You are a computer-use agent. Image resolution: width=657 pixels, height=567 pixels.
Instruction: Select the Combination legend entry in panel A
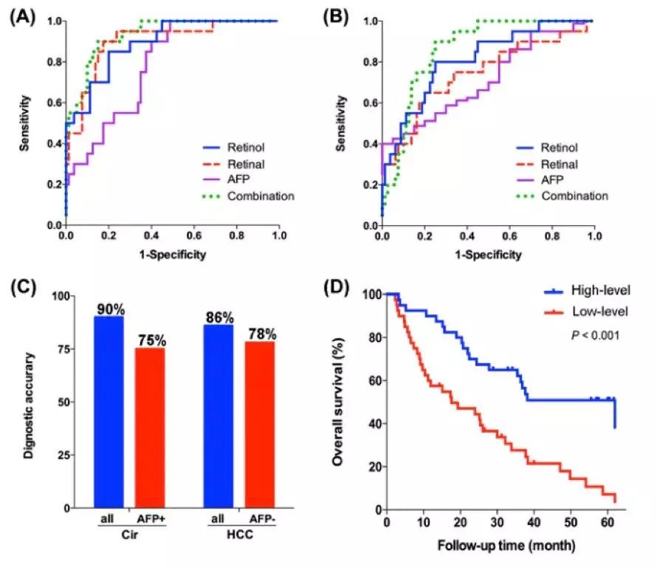251,196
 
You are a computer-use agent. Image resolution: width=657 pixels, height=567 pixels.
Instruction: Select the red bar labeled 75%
149,428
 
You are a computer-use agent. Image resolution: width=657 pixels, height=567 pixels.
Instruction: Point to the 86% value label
219,318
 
